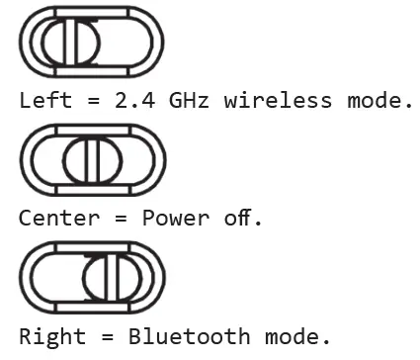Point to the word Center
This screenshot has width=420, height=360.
click(x=57, y=218)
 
